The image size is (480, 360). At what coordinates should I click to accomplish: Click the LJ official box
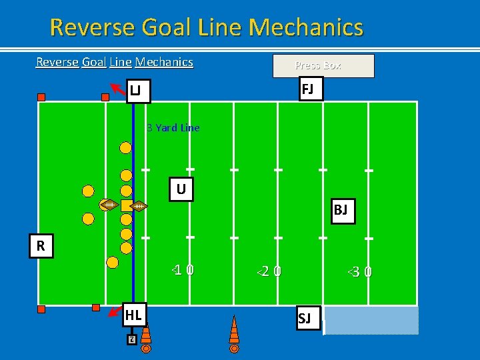click(x=138, y=90)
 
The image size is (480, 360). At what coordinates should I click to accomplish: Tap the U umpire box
click(x=181, y=190)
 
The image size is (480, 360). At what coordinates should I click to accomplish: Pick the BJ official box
click(x=341, y=211)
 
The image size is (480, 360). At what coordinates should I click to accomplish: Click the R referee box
click(x=41, y=246)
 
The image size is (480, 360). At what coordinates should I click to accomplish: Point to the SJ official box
click(x=305, y=318)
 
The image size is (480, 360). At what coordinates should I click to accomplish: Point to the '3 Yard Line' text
click(x=173, y=127)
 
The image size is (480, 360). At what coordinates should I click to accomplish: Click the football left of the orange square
click(x=108, y=205)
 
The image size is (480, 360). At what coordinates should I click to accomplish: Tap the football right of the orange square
click(x=139, y=207)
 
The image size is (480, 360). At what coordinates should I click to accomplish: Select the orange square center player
click(x=125, y=205)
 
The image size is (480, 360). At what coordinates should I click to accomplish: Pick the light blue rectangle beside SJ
click(x=371, y=321)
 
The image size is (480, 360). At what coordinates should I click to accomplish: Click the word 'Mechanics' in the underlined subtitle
click(x=164, y=62)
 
